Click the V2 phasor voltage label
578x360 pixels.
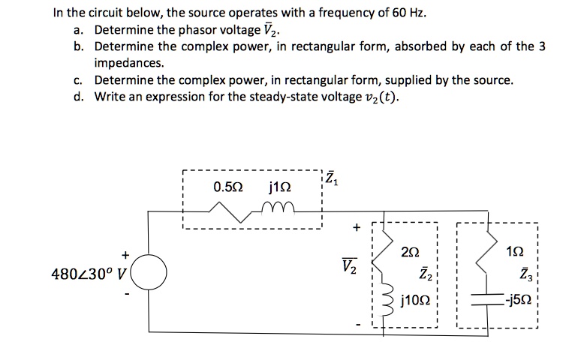(349, 265)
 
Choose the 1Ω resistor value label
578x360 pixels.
(517, 252)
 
